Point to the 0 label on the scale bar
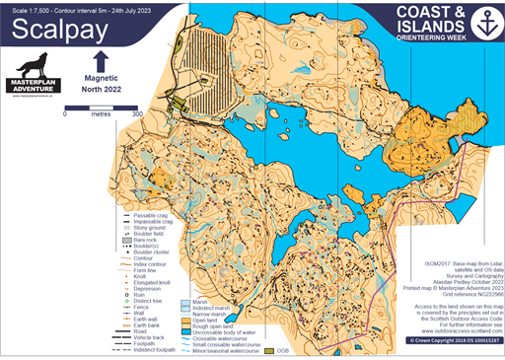pos(65,114)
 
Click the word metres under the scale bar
pos(101,114)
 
